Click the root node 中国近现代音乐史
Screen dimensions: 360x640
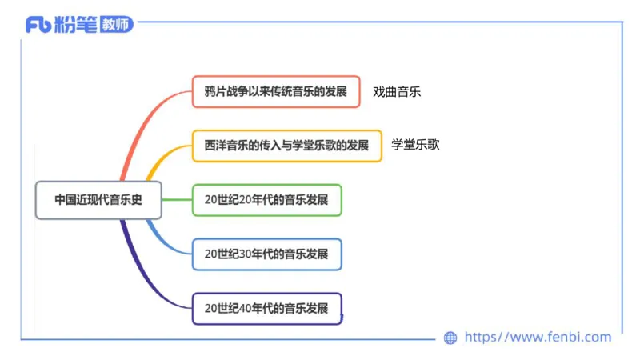(x=98, y=200)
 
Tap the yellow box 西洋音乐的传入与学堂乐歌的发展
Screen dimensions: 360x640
(x=286, y=146)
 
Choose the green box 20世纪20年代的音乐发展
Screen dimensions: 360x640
(x=266, y=200)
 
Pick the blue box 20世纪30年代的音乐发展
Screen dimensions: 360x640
(x=266, y=254)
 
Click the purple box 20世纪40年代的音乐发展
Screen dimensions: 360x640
(x=266, y=308)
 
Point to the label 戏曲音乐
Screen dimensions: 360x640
(x=397, y=91)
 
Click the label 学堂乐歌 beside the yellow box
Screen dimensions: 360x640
(x=415, y=145)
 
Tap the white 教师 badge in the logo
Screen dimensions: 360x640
(x=116, y=25)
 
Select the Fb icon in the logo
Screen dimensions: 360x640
(x=38, y=25)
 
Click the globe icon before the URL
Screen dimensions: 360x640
(x=450, y=338)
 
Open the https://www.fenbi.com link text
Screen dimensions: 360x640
(x=538, y=338)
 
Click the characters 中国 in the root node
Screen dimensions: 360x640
(x=64, y=200)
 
